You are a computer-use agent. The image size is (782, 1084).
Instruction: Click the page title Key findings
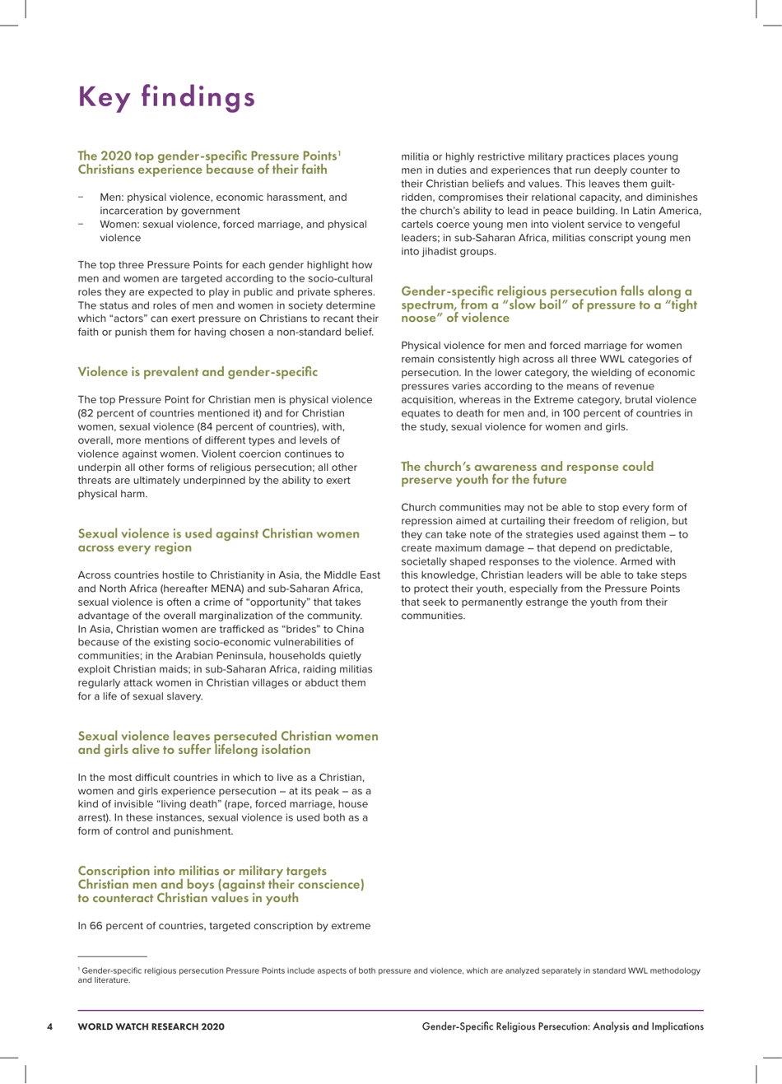[x=166, y=97]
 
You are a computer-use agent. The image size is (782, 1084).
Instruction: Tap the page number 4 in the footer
[x=50, y=1026]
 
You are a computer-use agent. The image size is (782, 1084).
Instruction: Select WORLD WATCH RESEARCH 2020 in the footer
[x=151, y=1026]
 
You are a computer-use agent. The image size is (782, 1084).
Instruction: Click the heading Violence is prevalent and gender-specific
[x=197, y=372]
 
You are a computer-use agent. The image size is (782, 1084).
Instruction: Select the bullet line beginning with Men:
[x=223, y=203]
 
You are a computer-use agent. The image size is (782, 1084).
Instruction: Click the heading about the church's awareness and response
[x=527, y=472]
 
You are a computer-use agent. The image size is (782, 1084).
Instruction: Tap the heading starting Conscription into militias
[x=221, y=884]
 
